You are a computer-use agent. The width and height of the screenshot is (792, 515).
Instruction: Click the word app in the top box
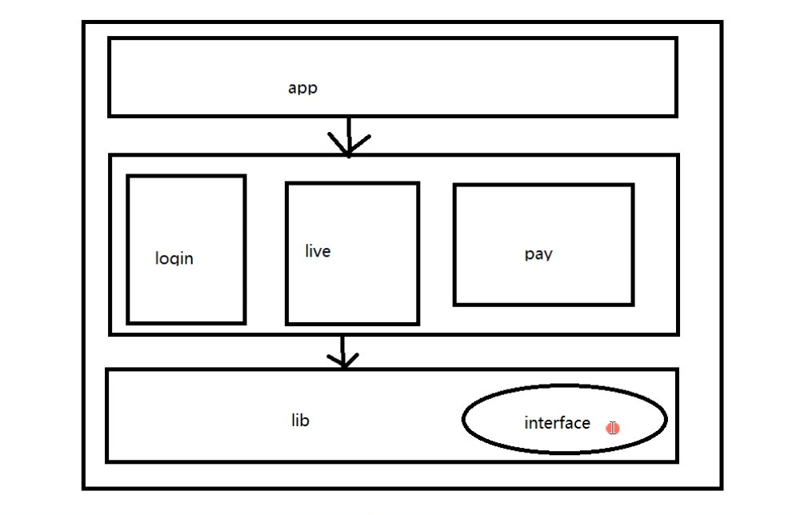302,88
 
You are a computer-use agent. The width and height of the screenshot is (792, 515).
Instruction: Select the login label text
174,258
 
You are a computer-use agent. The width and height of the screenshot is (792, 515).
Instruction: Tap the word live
318,251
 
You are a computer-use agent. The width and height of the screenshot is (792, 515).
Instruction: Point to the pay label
538,254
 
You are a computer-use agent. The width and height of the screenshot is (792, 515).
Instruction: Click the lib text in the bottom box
300,420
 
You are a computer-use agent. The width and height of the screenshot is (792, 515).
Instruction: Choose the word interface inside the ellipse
557,423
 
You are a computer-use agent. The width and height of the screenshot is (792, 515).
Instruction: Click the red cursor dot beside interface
613,428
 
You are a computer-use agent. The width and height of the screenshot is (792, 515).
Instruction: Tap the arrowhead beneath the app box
349,147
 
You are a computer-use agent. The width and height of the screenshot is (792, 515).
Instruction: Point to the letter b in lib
305,420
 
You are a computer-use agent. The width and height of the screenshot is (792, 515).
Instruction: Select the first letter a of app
293,88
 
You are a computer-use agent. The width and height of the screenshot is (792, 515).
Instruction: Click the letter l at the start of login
158,257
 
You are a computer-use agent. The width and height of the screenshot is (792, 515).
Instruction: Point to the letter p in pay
530,256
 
